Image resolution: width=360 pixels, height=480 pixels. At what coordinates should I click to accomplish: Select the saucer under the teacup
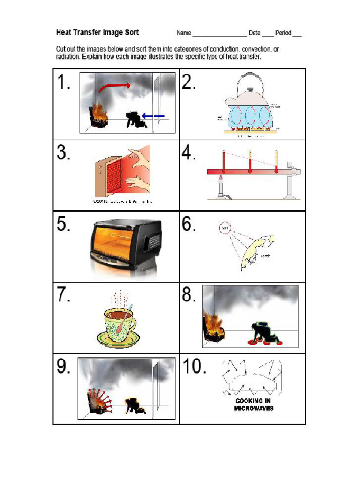(117, 337)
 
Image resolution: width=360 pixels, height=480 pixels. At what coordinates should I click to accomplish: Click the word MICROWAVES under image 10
(254, 408)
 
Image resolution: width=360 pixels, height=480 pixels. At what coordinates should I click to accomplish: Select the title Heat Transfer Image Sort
(97, 32)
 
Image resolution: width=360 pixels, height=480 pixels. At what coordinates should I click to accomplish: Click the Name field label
(184, 33)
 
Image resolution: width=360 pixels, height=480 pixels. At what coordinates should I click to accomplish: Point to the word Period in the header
(283, 33)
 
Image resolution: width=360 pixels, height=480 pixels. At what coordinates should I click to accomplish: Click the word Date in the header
(255, 33)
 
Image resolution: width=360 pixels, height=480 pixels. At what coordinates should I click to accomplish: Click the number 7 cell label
(64, 296)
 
